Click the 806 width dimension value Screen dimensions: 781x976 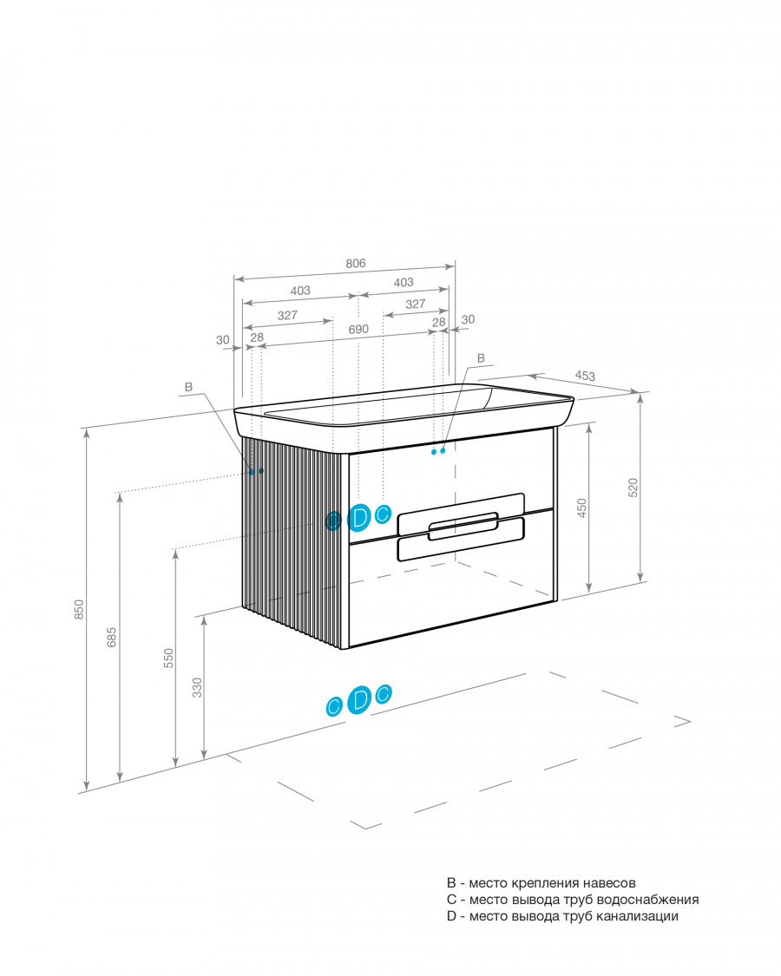(356, 263)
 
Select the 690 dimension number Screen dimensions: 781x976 (358, 330)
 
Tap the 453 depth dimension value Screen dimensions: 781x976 (585, 376)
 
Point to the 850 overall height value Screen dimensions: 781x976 (79, 609)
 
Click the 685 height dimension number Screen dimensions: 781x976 (111, 637)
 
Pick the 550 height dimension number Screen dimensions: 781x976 (168, 658)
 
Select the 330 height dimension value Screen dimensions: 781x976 (198, 687)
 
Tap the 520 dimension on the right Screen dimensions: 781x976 (633, 488)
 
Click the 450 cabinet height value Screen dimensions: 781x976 (581, 508)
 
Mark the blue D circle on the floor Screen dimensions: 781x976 (358, 699)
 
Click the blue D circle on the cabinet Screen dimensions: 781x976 (358, 517)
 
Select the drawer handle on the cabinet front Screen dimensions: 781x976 (462, 526)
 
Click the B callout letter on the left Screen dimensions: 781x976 (188, 387)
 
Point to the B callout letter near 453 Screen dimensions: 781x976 (481, 358)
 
